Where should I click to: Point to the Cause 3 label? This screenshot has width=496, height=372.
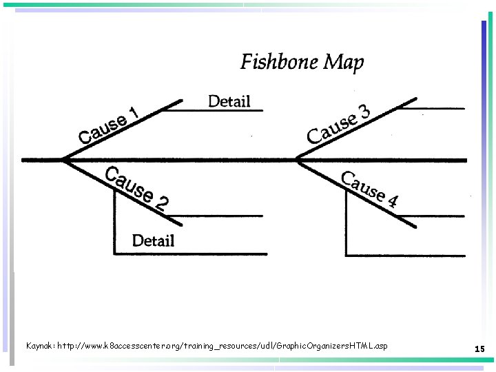338,123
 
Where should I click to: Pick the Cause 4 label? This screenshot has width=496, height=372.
369,189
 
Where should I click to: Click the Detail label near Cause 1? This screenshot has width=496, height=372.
229,101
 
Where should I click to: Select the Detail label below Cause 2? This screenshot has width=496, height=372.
153,240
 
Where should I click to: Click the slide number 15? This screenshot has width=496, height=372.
479,350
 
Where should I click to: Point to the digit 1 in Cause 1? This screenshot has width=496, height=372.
134,113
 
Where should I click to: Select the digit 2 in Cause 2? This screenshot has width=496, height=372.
161,203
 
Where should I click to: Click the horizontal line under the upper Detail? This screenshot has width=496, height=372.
220,110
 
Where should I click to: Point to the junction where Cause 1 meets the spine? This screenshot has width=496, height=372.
63,160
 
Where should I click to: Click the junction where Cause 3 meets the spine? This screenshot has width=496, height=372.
297,160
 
